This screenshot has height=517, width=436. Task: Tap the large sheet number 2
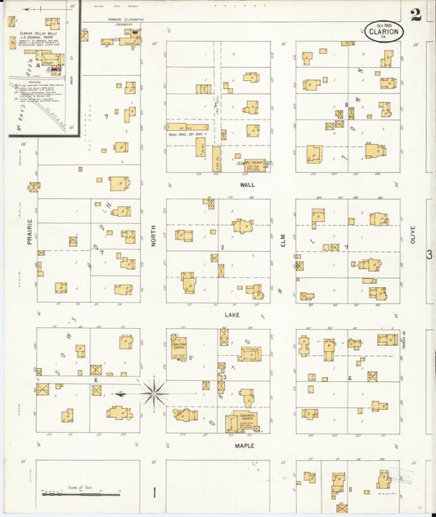coord(416,15)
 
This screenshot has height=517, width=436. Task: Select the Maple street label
coord(245,446)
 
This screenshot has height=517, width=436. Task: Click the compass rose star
coord(153,393)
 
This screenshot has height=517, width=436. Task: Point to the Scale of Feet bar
coord(72,494)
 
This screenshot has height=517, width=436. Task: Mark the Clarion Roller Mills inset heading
coord(35,34)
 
